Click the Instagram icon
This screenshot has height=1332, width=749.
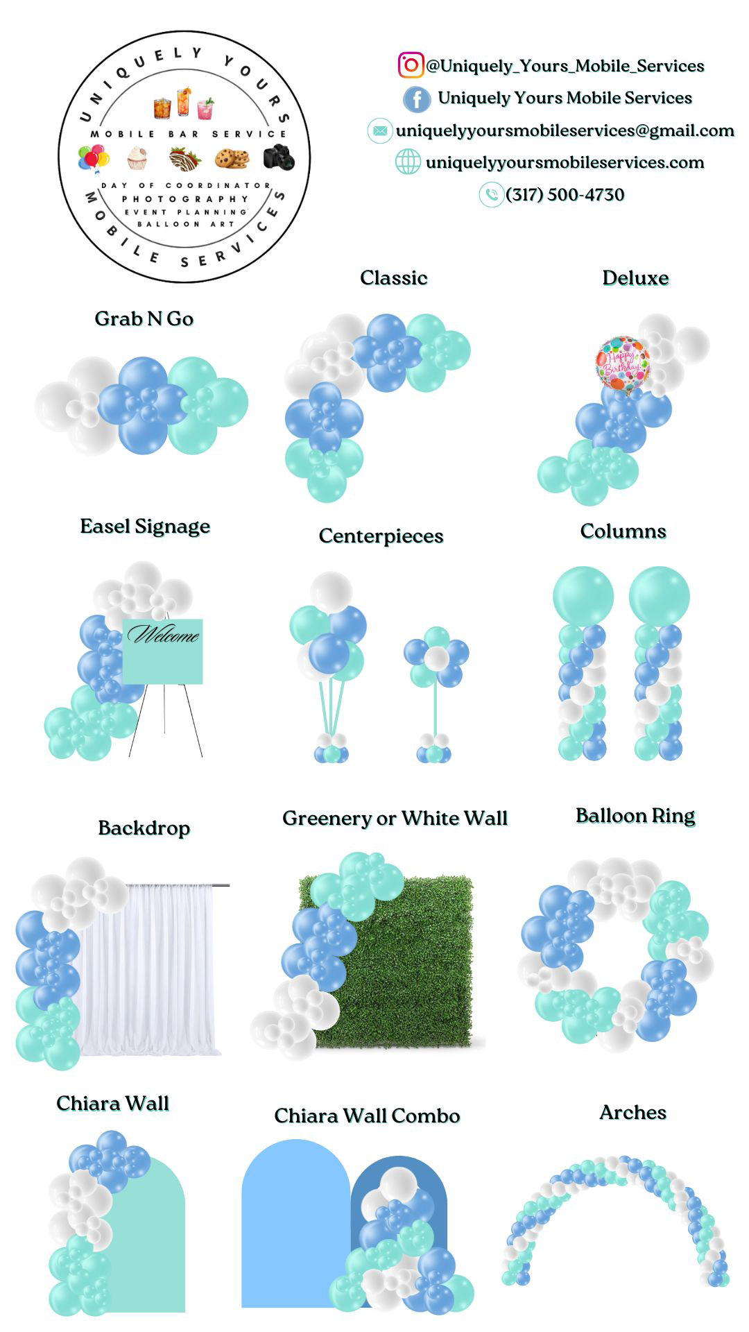pos(411,65)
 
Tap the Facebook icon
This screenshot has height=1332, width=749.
pos(417,99)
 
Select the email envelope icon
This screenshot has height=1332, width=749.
pos(379,130)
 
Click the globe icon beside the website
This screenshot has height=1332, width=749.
pos(408,162)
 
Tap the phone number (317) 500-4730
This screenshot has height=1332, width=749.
pos(565,195)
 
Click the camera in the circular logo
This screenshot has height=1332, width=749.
pos(279,157)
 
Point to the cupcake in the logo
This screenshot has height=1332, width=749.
pos(137,159)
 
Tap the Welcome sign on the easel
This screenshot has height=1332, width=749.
pos(163,651)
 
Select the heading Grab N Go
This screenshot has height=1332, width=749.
pos(144,318)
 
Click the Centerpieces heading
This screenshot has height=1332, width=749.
pos(381,536)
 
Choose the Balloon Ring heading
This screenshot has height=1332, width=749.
pos(635,816)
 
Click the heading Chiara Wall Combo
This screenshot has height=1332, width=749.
pos(367,1116)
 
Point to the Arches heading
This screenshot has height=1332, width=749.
pos(632,1113)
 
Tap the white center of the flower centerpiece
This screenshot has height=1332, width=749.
pos(436,658)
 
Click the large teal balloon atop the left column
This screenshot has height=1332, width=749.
pos(583,596)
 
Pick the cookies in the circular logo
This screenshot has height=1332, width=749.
pos(232,159)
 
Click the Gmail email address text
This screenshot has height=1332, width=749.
pos(565,130)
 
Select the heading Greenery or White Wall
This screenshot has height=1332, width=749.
pos(395,819)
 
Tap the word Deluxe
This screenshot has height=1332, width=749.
pos(635,278)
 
